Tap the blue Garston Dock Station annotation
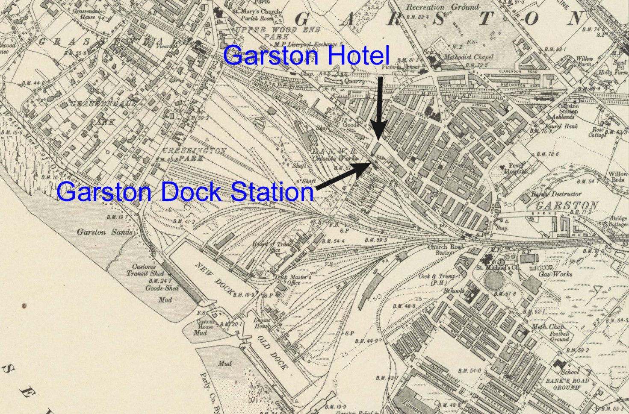[x=185, y=192]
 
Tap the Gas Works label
[x=555, y=273]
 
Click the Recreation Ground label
[x=442, y=7]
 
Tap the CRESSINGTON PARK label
[x=195, y=154]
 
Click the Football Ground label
[x=559, y=336]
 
